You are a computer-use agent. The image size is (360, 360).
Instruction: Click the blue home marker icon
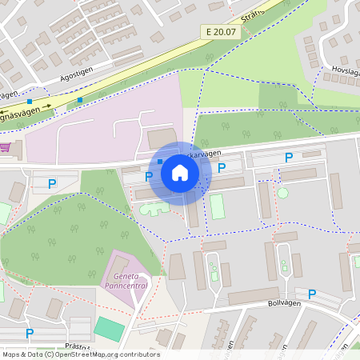pyautogui.click(x=180, y=173)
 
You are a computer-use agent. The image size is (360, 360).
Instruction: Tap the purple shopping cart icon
pyautogui.click(x=6, y=147)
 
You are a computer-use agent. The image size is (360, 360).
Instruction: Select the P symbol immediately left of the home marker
pyautogui.click(x=148, y=176)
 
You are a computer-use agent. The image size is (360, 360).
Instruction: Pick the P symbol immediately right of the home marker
pyautogui.click(x=222, y=167)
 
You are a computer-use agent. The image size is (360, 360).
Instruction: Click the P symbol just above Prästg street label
pyautogui.click(x=30, y=333)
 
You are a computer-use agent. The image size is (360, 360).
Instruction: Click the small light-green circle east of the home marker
pyautogui.click(x=282, y=193)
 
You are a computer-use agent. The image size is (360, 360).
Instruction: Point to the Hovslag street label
pyautogui.click(x=344, y=70)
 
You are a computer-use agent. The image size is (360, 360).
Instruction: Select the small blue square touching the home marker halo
pyautogui.click(x=160, y=161)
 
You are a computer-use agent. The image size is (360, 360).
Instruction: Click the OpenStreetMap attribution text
pyautogui.click(x=80, y=354)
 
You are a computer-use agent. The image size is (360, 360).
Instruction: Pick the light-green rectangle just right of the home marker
pyautogui.click(x=218, y=206)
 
